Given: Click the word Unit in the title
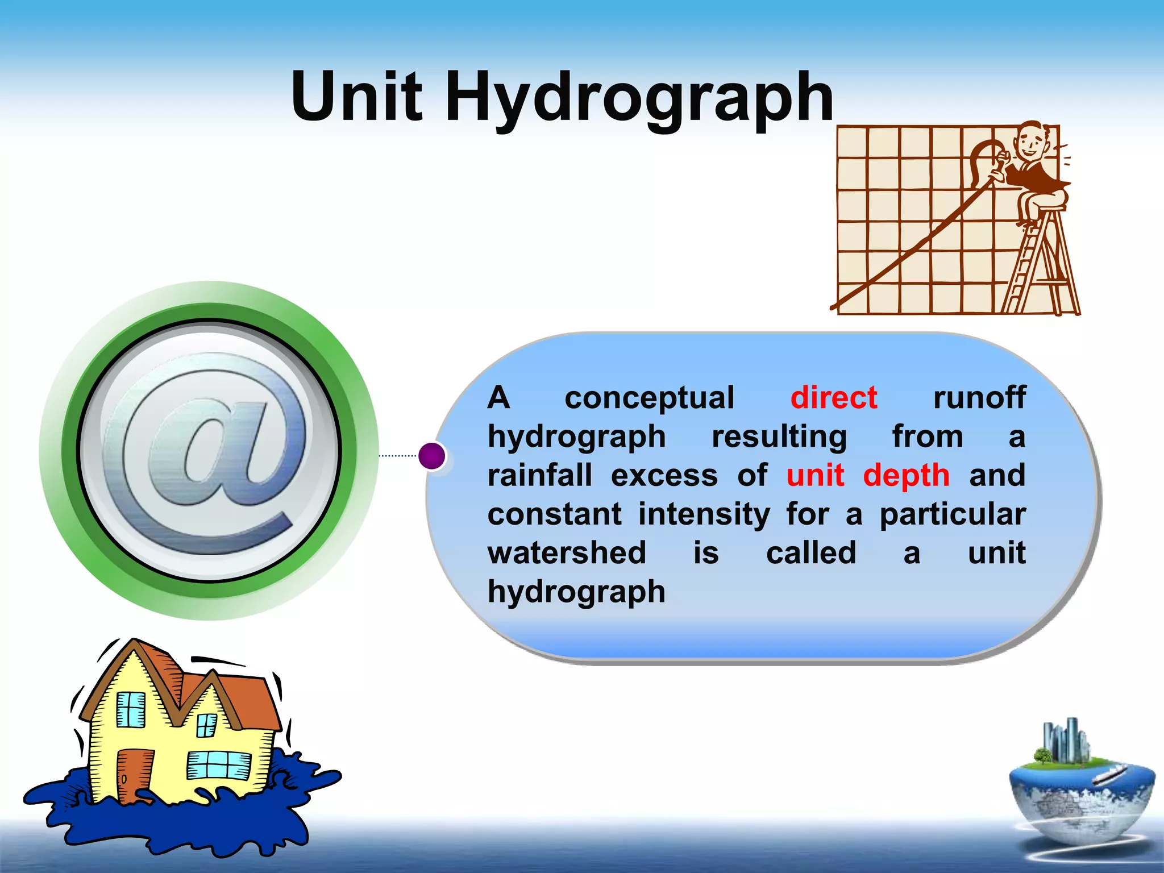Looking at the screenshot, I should [x=357, y=97].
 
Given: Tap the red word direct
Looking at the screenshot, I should [x=834, y=397].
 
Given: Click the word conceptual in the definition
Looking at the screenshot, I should [x=649, y=397].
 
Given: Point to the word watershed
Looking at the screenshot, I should [x=567, y=552].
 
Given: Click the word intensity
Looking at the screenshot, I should [x=704, y=514].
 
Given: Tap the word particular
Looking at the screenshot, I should [x=953, y=515].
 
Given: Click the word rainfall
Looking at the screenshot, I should [x=539, y=475].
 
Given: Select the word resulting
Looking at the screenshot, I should [x=779, y=437].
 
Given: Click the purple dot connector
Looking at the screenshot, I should [x=432, y=456].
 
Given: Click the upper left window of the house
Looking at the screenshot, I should [x=131, y=709].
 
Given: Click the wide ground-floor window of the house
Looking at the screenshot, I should [x=219, y=765].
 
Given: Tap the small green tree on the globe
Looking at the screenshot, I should [x=1042, y=756].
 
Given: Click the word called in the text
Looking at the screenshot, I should [x=811, y=552].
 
